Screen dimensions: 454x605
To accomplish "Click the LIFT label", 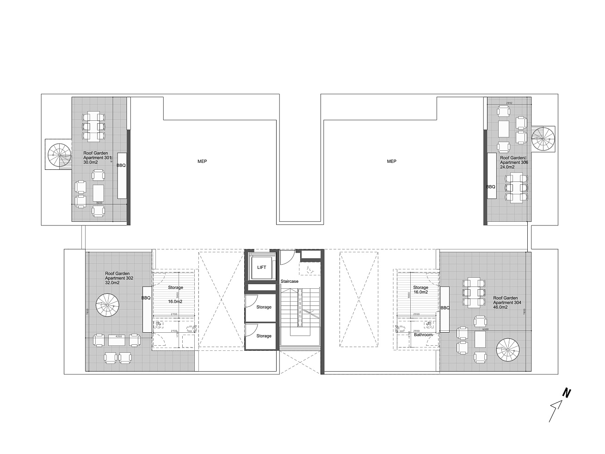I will coord(262,267).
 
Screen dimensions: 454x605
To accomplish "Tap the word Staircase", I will coord(290,281).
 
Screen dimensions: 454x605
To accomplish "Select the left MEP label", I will coord(202,162).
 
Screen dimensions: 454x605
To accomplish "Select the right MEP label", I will coord(392,162).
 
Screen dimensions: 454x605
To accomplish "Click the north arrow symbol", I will coord(559,405).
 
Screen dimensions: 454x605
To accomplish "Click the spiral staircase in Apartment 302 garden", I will coord(107,306).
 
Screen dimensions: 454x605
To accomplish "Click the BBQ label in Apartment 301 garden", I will coord(121,165).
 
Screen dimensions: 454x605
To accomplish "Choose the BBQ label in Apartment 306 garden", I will coord(491,187).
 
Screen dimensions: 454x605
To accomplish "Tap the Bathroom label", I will coord(423,335).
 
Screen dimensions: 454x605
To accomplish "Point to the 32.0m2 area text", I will coord(112,283).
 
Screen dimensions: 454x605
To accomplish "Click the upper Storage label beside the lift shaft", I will coord(264,307).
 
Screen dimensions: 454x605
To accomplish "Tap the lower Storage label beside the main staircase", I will coord(264,336).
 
